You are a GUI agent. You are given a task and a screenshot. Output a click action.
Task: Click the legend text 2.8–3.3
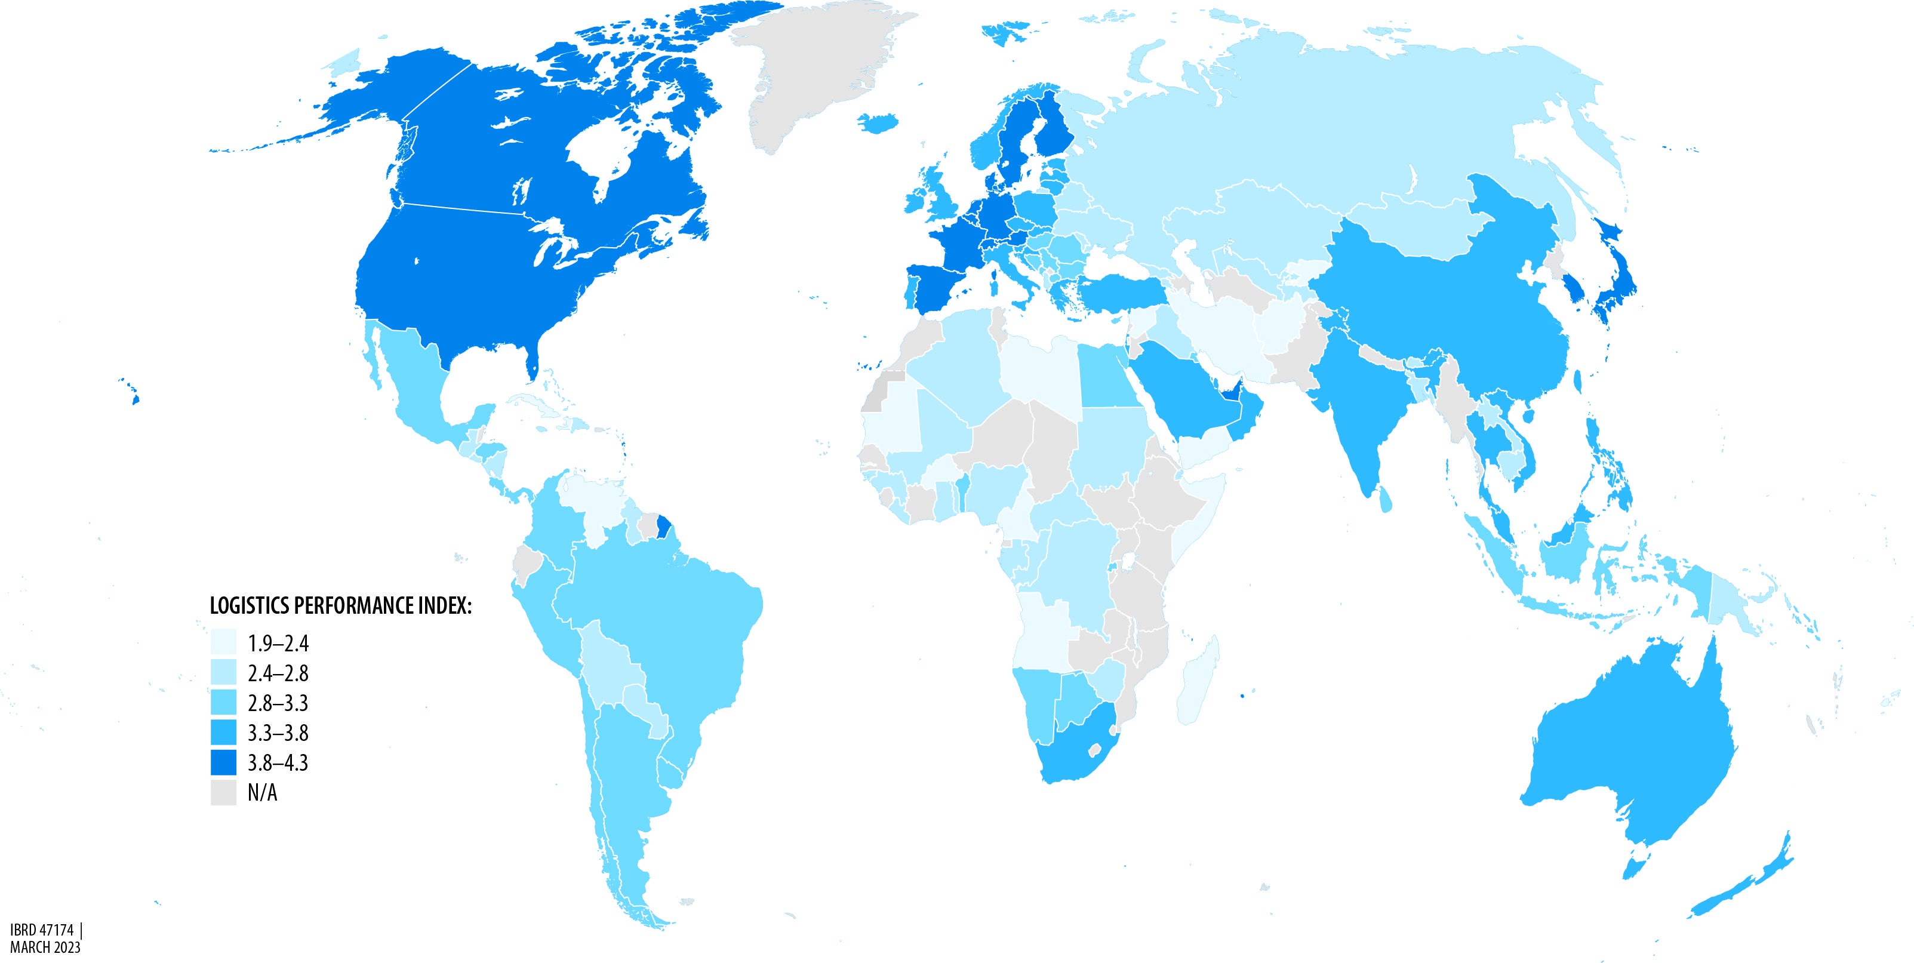click(277, 703)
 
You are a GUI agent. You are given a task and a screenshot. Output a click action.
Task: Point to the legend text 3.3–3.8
click(277, 733)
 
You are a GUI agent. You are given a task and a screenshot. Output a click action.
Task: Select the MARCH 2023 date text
click(45, 948)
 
